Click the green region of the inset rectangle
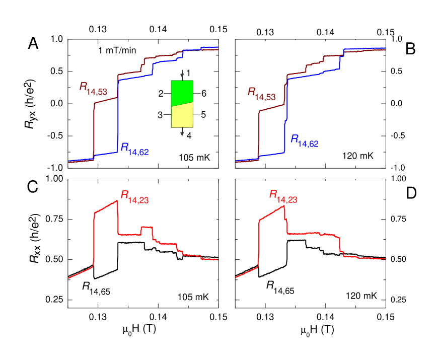pos(182,92)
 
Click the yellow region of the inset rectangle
pos(182,116)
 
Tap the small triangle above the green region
pos(182,76)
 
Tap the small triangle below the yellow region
pos(182,134)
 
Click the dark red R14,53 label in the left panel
pos(93,88)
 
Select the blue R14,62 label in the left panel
pos(134,149)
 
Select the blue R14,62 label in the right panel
pos(305,140)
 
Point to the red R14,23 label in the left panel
pos(134,196)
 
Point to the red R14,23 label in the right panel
pos(283,196)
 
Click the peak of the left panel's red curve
pos(117,201)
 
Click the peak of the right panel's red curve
pos(284,205)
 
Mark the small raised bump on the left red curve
pos(147,228)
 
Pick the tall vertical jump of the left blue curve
pos(118,116)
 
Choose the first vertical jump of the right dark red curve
pos(258,133)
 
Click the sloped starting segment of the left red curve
pos(81,272)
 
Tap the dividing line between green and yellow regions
pos(182,104)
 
